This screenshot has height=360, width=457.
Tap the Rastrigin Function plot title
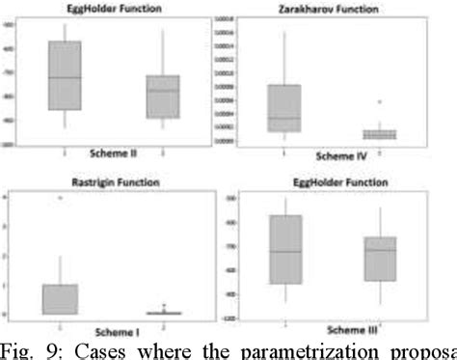117,182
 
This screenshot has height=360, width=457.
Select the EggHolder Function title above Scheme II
107,9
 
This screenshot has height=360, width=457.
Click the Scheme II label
115,152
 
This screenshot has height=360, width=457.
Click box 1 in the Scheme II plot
65,76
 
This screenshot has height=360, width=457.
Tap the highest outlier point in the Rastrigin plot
60,198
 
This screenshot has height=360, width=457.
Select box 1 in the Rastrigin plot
60,298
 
